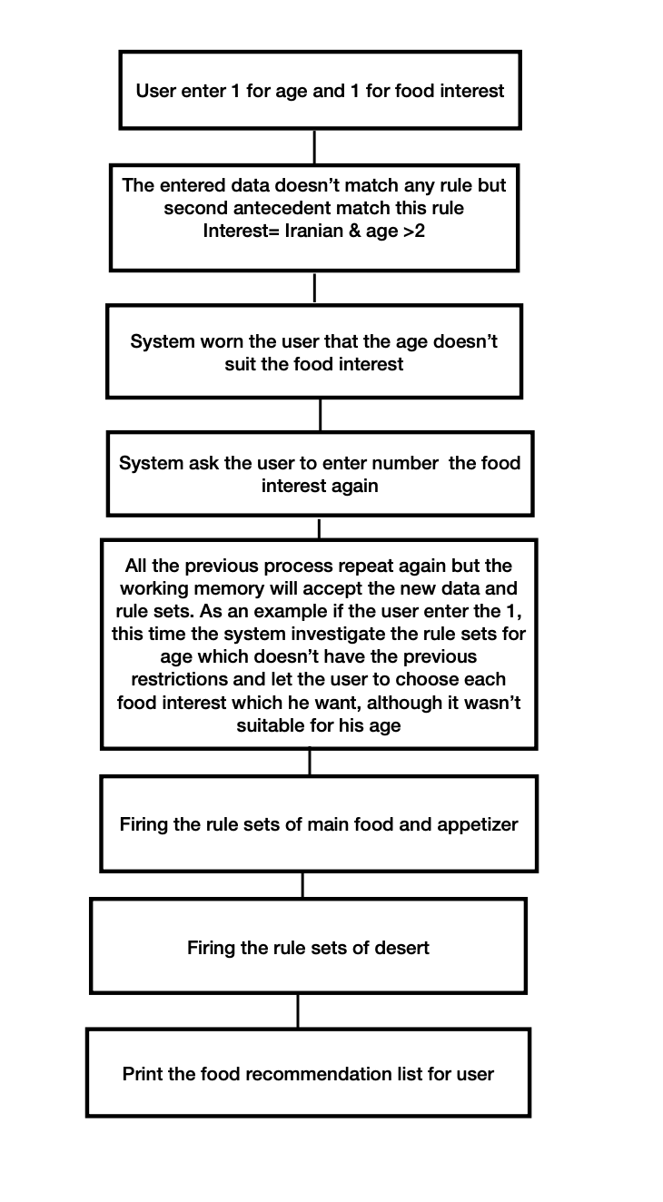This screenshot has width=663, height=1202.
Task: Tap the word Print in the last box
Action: pyautogui.click(x=143, y=1074)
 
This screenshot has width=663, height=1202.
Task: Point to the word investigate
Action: pyautogui.click(x=319, y=633)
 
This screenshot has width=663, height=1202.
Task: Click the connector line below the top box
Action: pyautogui.click(x=314, y=146)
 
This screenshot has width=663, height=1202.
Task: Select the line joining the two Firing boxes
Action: pyautogui.click(x=302, y=885)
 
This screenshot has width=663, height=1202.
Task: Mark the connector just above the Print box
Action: pyautogui.click(x=298, y=1010)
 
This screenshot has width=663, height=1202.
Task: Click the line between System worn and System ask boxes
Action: pyautogui.click(x=320, y=414)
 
